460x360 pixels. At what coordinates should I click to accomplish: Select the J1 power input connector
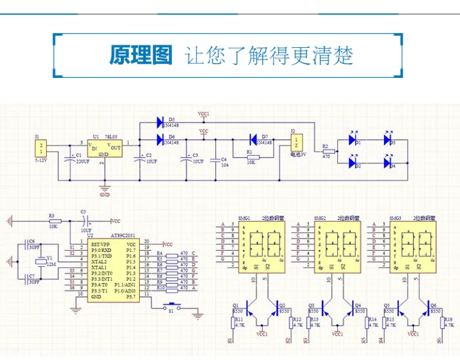coord(42,149)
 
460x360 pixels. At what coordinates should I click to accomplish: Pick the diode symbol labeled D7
coord(254,139)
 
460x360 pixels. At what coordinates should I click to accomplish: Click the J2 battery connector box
coord(296,143)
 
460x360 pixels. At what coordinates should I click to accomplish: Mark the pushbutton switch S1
coord(170,308)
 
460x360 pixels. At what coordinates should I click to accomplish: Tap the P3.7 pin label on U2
coord(130,297)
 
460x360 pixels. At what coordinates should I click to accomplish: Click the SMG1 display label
coord(244,218)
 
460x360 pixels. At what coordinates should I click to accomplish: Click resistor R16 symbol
coord(440,323)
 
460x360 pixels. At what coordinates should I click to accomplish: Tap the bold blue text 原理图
coord(141,55)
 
